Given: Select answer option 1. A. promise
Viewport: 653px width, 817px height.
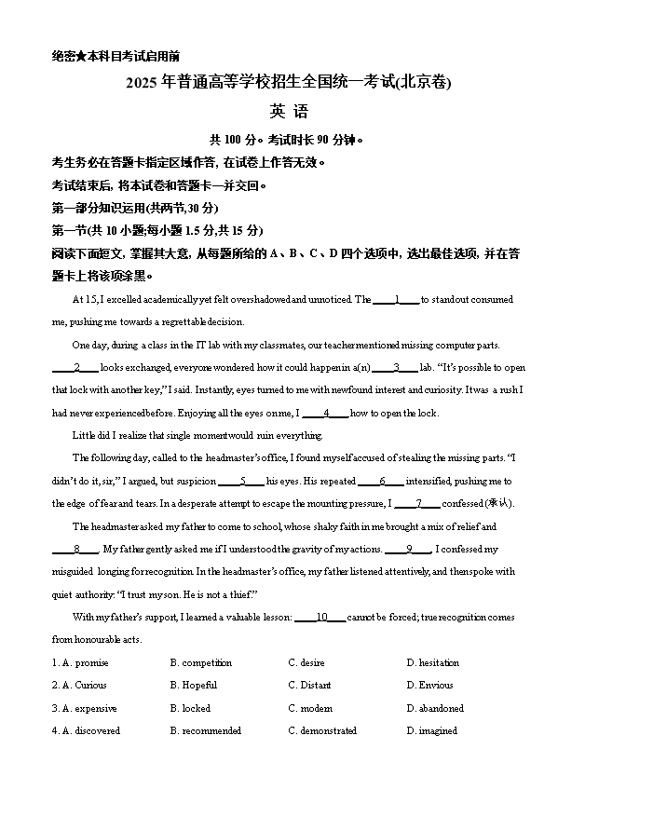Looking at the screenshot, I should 80,663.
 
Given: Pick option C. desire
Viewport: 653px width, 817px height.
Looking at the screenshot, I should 306,663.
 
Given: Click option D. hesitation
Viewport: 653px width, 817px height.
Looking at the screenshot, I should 432,663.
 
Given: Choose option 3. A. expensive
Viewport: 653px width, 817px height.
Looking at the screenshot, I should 84,709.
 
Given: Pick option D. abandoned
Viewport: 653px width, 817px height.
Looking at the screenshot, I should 434,709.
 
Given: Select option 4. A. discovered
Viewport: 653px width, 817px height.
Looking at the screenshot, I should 86,731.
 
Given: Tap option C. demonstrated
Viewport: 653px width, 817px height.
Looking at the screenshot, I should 322,731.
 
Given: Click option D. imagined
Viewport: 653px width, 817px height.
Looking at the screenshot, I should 431,731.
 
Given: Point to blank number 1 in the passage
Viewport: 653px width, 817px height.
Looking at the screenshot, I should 397,300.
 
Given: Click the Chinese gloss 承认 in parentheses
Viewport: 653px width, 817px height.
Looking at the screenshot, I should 498,504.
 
